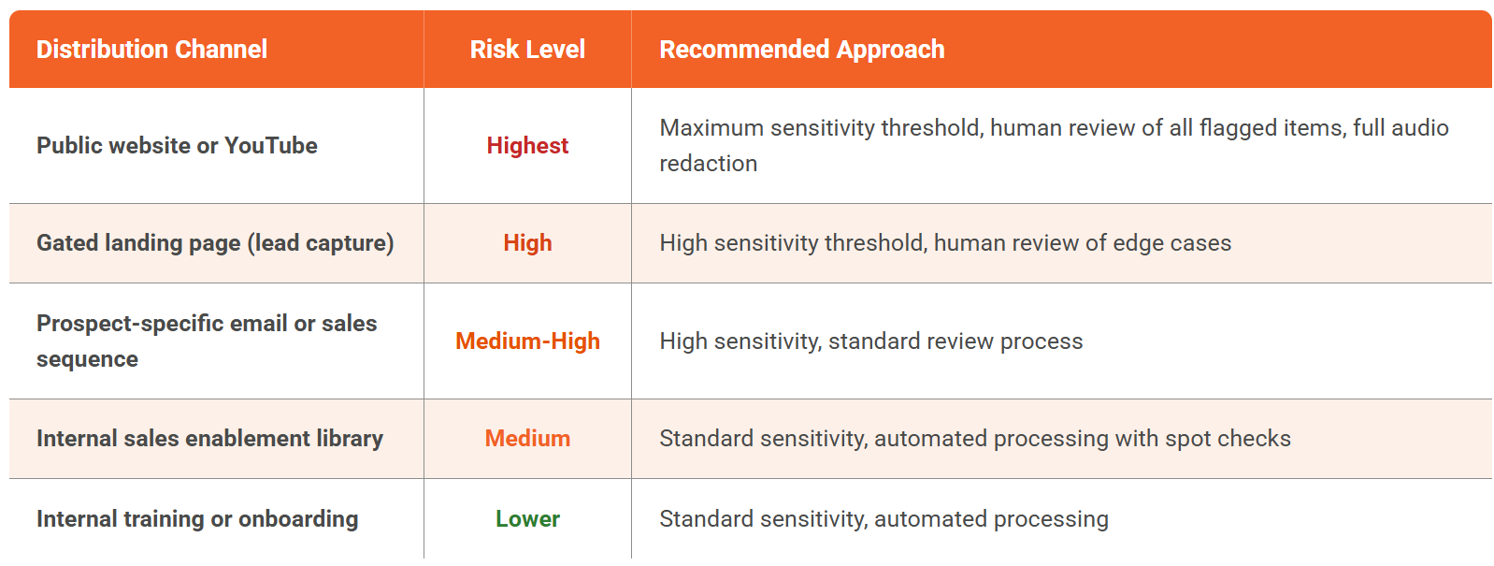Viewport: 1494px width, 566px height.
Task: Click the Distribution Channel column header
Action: (x=151, y=50)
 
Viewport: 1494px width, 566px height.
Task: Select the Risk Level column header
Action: (x=527, y=50)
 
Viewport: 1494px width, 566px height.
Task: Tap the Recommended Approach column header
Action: (x=801, y=50)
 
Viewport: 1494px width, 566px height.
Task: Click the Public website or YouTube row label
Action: (x=177, y=146)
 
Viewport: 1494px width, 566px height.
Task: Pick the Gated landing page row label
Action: (x=215, y=243)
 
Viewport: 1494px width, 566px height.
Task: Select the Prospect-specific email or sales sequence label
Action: (x=207, y=341)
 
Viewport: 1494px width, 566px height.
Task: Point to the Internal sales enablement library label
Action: (x=209, y=439)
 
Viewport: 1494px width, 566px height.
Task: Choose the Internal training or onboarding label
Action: (x=196, y=519)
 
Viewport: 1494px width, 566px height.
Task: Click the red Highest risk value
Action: (x=527, y=146)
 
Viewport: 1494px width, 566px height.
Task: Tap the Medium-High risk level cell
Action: (x=527, y=341)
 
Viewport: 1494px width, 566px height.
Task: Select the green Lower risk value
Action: (x=527, y=519)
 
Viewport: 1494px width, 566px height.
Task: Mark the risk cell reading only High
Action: (x=527, y=243)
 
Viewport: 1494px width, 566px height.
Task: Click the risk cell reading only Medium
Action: (x=527, y=439)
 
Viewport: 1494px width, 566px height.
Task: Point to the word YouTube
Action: (x=271, y=146)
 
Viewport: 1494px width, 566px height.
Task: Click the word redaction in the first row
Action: (x=709, y=164)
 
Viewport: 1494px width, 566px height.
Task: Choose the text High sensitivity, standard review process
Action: (x=871, y=341)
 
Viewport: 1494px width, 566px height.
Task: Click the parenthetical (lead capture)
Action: (x=321, y=243)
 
